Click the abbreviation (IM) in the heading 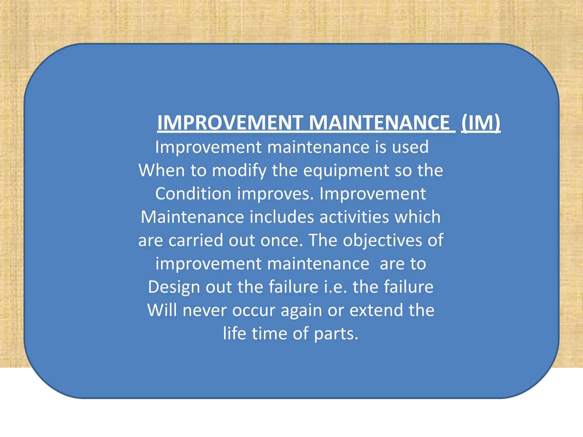481,123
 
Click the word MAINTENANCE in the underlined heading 379,123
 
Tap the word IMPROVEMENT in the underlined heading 230,123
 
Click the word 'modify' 239,171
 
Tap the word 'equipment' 346,171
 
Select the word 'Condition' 193,194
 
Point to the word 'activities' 354,217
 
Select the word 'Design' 174,287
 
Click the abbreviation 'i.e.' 336,287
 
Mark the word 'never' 204,310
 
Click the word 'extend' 376,310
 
